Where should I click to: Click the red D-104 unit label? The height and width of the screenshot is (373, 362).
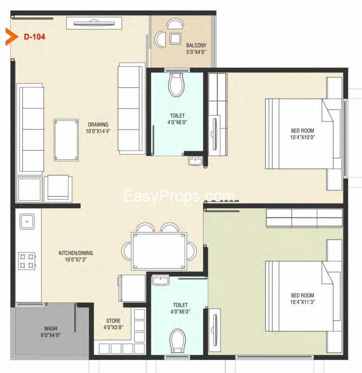point(34,36)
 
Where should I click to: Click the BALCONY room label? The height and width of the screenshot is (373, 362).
point(196,45)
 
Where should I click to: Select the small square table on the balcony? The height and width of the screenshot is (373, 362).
point(175,38)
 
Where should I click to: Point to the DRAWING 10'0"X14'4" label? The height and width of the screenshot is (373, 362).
point(98,128)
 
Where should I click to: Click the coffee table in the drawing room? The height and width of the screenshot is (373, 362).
point(66,140)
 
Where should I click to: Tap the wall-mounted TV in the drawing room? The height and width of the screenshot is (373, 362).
point(94,23)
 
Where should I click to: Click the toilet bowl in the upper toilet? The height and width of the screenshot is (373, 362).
point(176,85)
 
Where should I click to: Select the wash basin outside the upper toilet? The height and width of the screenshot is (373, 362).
point(195,161)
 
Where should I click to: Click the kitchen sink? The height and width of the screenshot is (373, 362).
point(27,221)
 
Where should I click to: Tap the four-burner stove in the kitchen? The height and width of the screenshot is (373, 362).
point(27,261)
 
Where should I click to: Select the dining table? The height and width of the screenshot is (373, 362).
point(159,251)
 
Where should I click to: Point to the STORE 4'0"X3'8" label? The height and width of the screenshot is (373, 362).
point(113,324)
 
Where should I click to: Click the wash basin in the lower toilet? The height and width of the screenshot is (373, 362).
point(160,280)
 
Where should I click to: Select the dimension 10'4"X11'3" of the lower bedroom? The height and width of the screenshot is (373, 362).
point(302,302)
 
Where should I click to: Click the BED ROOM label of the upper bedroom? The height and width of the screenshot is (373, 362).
point(303,131)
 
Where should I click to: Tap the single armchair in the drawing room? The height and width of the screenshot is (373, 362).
point(58,188)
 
